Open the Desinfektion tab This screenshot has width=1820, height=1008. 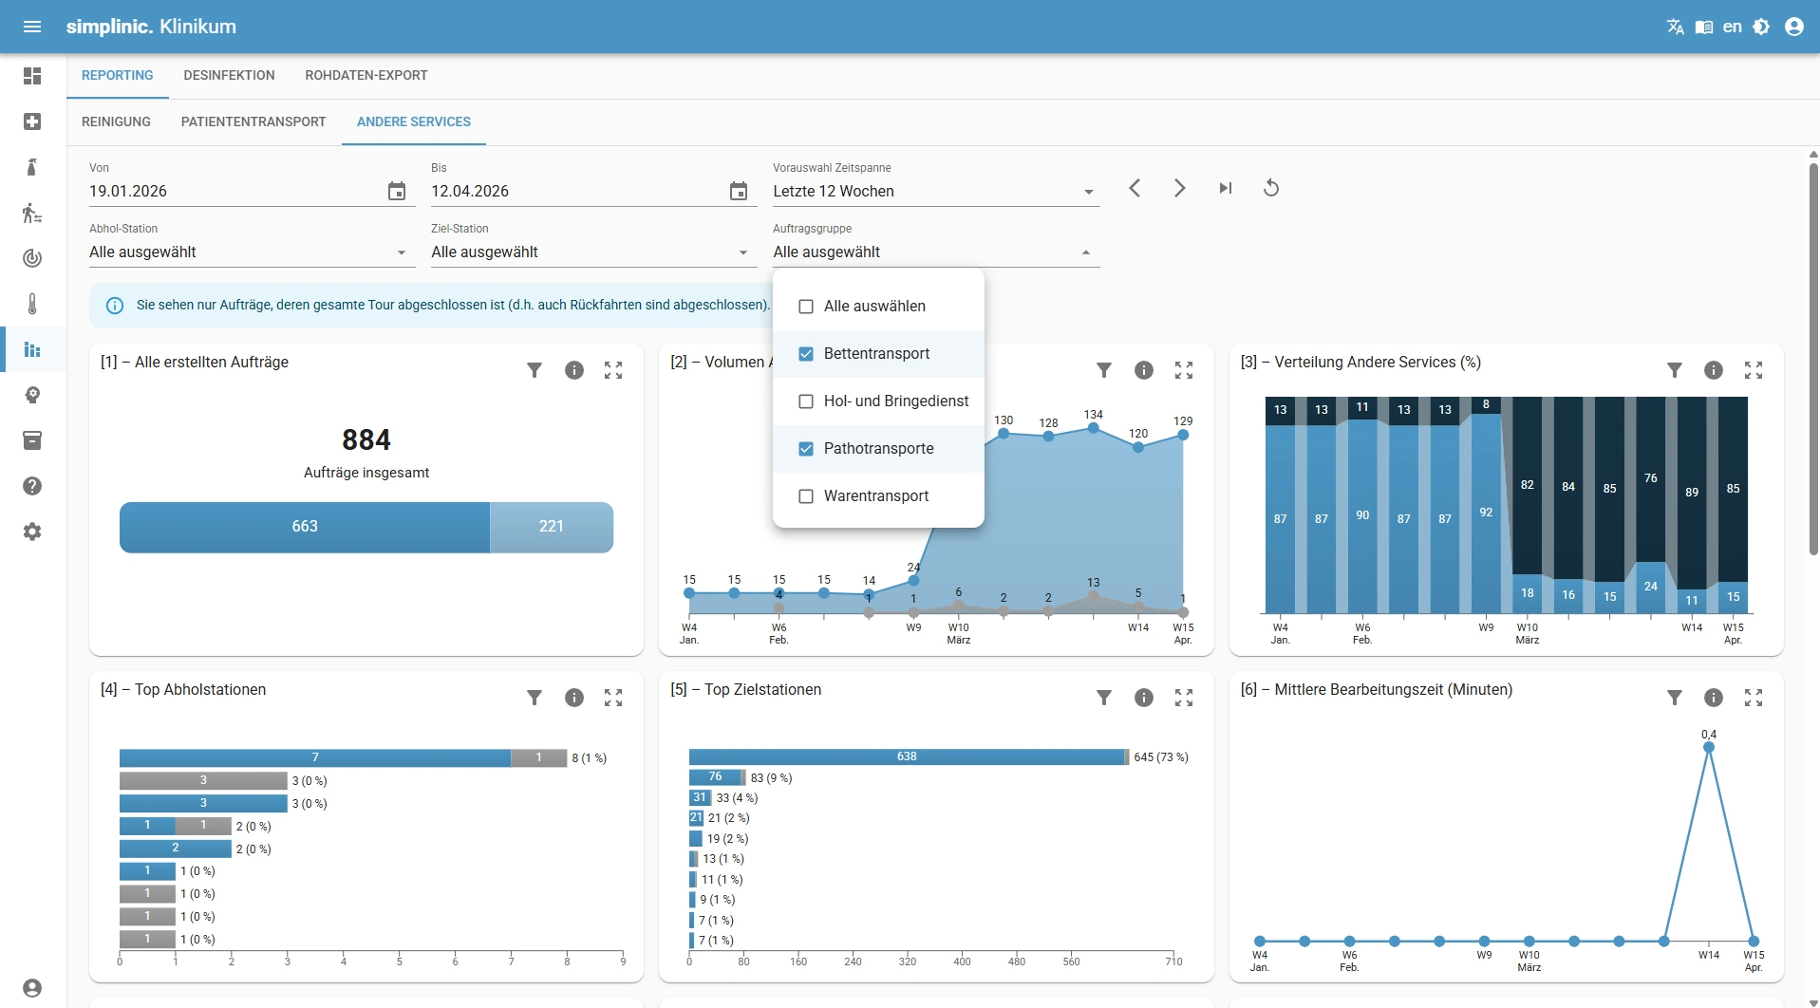229,75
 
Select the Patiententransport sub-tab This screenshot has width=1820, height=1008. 253,121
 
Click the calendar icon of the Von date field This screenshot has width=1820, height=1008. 397,191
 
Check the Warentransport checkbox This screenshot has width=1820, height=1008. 806,496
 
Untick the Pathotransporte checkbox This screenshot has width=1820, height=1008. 806,449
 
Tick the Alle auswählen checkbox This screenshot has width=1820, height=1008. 806,307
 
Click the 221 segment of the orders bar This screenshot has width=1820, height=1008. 551,527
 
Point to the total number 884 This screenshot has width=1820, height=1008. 366,440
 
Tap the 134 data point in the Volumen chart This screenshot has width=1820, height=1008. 1094,428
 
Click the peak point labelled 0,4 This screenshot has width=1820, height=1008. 1709,748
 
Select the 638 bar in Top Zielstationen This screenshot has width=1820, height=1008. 907,756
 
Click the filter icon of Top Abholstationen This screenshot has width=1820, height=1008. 535,698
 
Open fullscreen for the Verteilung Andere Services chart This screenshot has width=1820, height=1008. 1754,370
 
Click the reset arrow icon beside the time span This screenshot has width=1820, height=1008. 1271,188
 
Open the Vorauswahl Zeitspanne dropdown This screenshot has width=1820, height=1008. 935,191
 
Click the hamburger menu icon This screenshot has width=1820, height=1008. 32,27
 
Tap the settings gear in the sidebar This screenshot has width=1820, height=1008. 32,532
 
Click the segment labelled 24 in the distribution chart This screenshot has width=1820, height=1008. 1650,587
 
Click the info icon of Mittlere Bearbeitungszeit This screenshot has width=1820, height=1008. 1713,698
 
